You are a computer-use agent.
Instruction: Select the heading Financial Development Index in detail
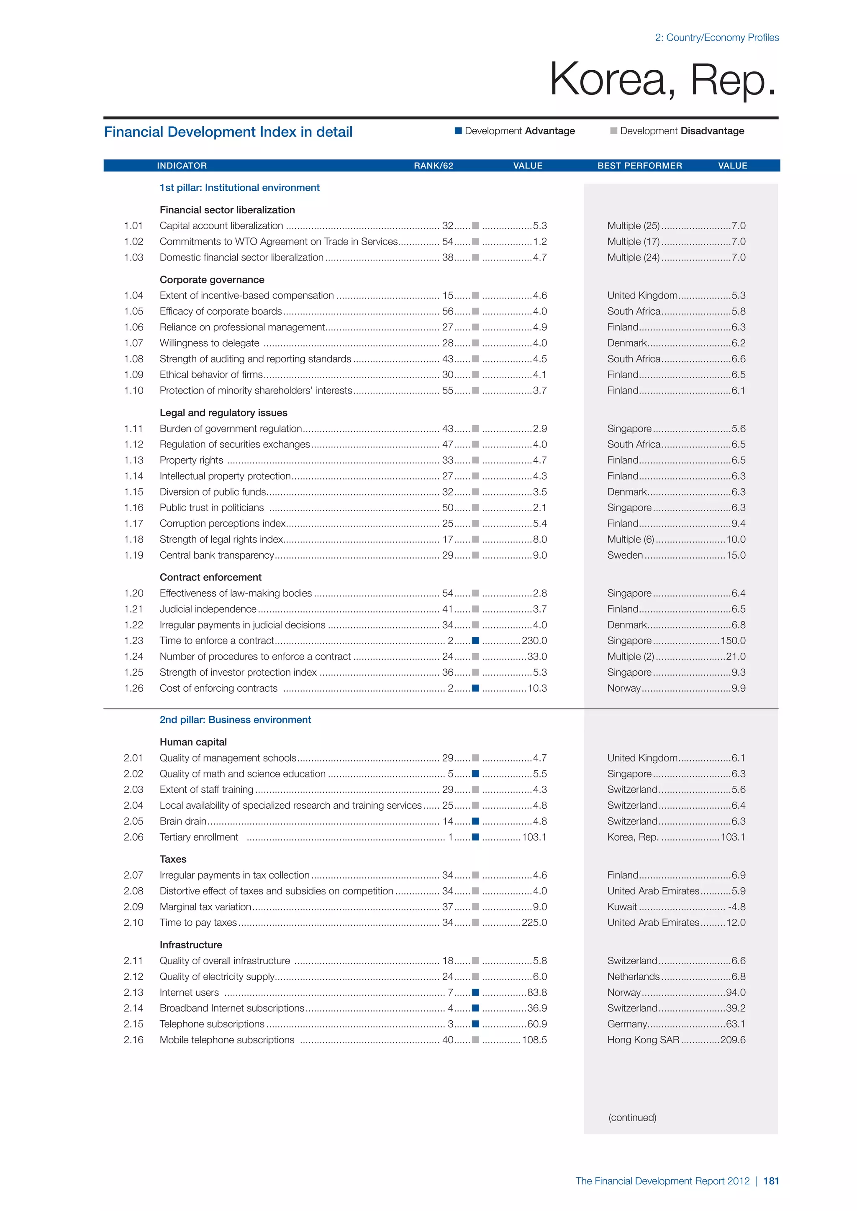(228, 132)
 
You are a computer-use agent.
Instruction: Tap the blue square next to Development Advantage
(459, 131)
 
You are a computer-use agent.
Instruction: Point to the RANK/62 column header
(433, 166)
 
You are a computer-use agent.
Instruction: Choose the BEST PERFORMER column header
(639, 166)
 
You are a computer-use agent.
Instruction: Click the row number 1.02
(133, 242)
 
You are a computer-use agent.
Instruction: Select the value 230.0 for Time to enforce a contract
(534, 641)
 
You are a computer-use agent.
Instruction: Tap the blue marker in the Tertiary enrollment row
(475, 837)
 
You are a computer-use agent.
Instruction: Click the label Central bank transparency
(217, 555)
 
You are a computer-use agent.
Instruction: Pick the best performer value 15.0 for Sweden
(736, 555)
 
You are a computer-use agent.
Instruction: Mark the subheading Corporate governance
(212, 280)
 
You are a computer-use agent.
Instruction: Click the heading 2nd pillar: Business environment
(235, 720)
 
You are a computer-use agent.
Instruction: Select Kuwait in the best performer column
(622, 907)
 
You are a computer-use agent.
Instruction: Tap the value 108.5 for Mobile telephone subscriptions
(534, 1040)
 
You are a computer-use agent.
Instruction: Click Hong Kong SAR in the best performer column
(643, 1040)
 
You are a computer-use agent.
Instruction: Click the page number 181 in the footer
(771, 1181)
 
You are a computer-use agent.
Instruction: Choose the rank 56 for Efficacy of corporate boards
(447, 311)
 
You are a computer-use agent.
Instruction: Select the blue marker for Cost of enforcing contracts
(475, 688)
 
